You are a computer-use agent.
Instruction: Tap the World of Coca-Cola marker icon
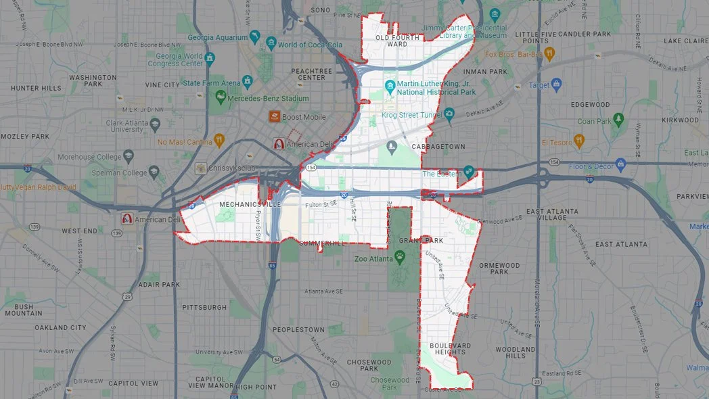tap(271, 44)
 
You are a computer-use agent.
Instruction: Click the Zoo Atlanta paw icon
tap(400, 256)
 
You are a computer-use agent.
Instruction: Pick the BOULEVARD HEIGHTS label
tap(450, 349)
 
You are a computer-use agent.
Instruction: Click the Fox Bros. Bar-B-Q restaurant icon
tap(549, 53)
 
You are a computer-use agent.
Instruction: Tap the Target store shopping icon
tap(557, 85)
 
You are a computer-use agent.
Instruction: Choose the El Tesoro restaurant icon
tap(578, 141)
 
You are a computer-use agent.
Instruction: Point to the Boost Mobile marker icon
tap(275, 117)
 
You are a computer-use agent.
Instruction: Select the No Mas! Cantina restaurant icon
tap(219, 140)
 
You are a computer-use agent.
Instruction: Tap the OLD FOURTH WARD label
tap(392, 41)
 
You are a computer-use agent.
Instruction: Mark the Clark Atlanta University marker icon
tap(155, 125)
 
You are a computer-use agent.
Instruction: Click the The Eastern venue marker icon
tap(468, 172)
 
